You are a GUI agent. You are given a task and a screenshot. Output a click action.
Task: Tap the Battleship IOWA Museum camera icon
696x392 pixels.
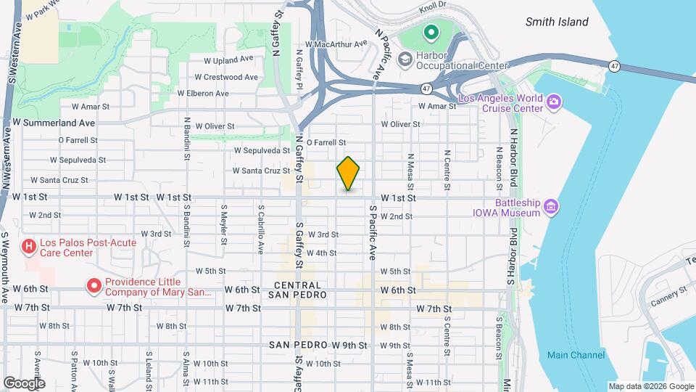552,208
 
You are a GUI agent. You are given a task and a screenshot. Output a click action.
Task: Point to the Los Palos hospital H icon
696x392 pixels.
29,248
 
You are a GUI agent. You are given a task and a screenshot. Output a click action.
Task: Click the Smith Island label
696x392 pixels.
557,22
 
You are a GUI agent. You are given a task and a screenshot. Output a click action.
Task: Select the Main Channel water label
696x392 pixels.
576,355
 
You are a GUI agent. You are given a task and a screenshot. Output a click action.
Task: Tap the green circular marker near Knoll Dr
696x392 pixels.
431,33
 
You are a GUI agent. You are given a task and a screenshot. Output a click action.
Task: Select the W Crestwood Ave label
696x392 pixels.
226,77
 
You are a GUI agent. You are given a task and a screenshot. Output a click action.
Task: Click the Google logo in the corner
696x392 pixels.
24,383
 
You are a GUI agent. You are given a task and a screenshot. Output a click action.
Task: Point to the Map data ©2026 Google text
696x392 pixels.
650,386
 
